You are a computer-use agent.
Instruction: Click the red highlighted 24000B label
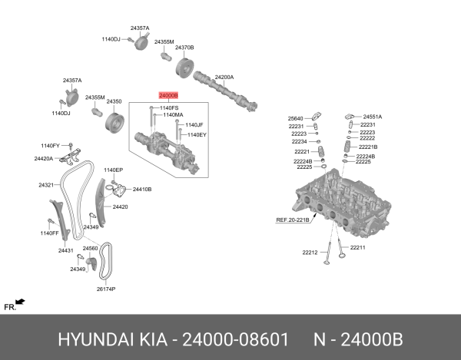click(x=167, y=96)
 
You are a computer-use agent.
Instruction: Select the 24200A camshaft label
click(x=224, y=77)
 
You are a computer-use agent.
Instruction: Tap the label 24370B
click(x=184, y=48)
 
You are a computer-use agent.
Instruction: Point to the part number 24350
click(x=114, y=101)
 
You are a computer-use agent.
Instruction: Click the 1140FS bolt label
click(x=169, y=107)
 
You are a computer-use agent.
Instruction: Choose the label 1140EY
click(x=197, y=134)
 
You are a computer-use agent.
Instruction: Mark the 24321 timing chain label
click(x=46, y=185)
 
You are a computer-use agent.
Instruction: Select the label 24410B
click(x=142, y=189)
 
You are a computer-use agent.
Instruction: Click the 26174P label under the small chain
click(x=105, y=289)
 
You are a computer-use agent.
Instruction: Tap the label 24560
click(x=90, y=249)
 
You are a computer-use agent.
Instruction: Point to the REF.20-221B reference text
click(x=293, y=220)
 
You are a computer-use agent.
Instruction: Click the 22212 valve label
click(x=310, y=253)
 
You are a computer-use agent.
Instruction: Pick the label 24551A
click(x=373, y=117)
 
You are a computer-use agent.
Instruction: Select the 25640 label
click(x=296, y=118)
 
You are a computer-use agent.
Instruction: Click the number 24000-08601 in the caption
click(x=235, y=339)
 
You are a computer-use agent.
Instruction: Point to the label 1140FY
click(x=51, y=145)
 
